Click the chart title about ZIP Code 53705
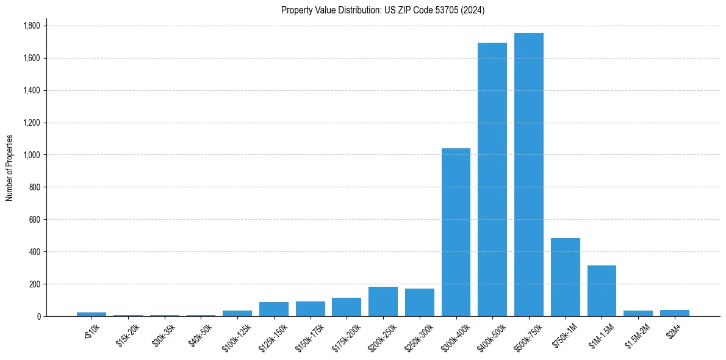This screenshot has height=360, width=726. [383, 10]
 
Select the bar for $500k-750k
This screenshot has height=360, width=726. [529, 175]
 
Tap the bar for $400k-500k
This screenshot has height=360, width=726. [492, 179]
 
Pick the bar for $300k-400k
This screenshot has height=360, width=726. [456, 232]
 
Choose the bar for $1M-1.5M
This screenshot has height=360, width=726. [602, 290]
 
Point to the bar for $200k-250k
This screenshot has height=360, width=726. [383, 301]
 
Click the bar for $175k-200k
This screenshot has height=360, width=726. [347, 307]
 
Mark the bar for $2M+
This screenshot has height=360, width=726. [675, 313]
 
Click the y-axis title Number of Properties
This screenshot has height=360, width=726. [10, 168]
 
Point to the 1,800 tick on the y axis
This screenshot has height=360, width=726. [31, 26]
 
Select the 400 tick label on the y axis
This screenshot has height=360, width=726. [35, 251]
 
